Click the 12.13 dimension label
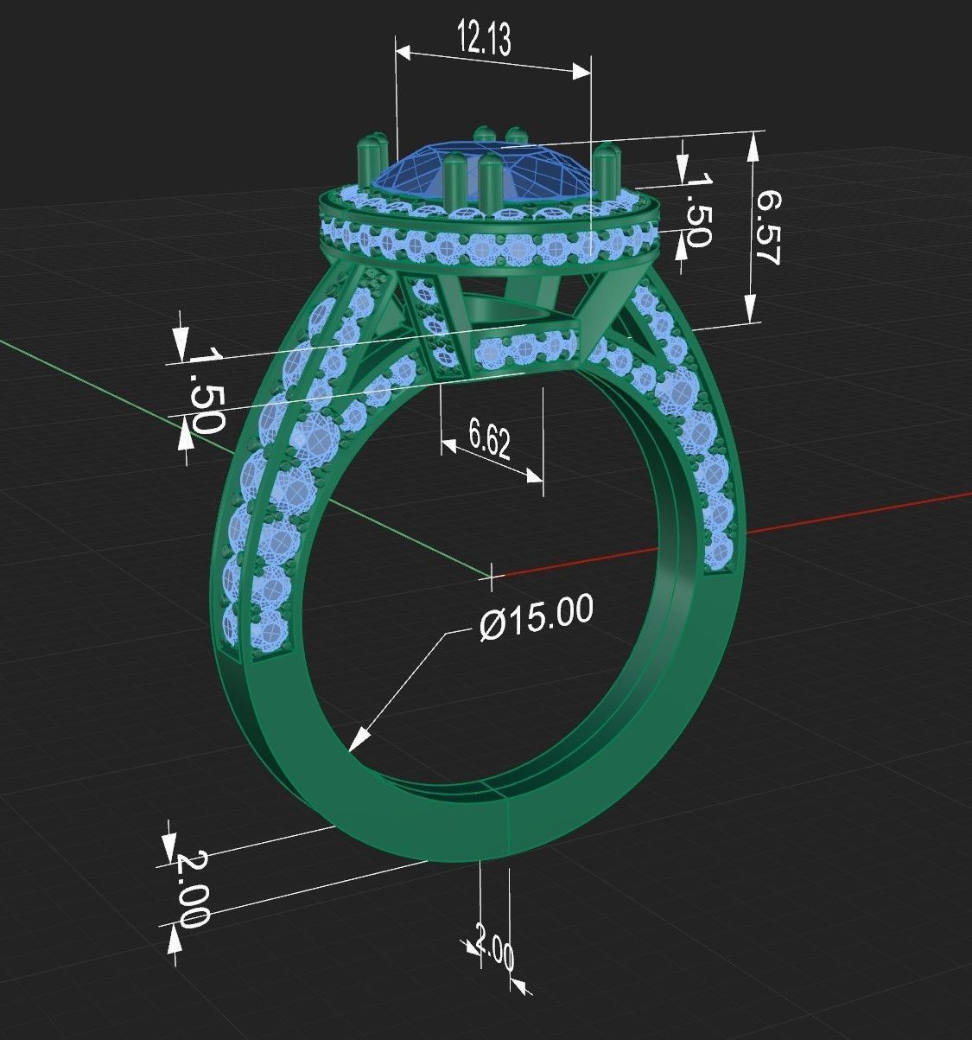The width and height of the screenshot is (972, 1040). pos(484,39)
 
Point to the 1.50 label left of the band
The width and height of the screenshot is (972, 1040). pos(205,389)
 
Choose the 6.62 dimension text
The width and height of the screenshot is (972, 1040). pos(490,441)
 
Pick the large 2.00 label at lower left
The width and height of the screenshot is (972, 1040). pos(192,889)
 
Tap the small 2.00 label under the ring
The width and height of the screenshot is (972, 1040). pos(495,948)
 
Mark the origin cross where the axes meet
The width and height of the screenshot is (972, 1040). pos(492,573)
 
